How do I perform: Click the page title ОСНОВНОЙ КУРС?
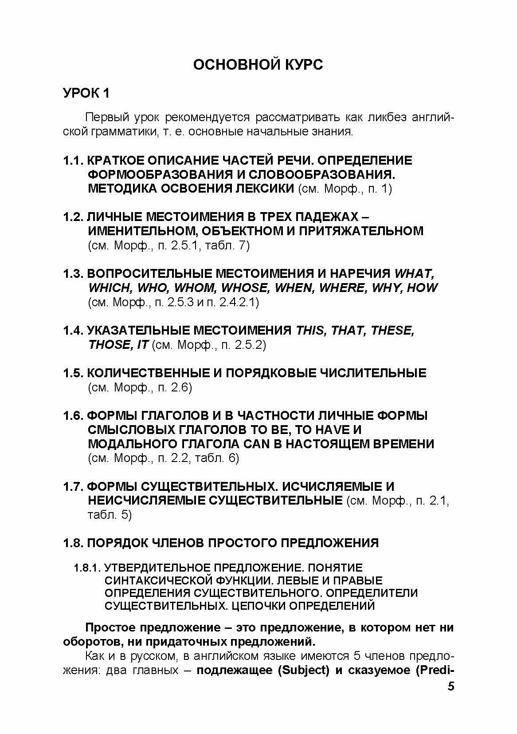pos(258,64)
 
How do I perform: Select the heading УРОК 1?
pos(86,93)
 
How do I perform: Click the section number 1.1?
pos(73,160)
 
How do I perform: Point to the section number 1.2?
pos(73,217)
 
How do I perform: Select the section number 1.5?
pos(73,373)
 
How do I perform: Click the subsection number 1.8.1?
pos(88,568)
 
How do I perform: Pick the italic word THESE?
pos(392,331)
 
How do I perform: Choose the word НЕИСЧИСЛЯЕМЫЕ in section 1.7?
pos(146,501)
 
